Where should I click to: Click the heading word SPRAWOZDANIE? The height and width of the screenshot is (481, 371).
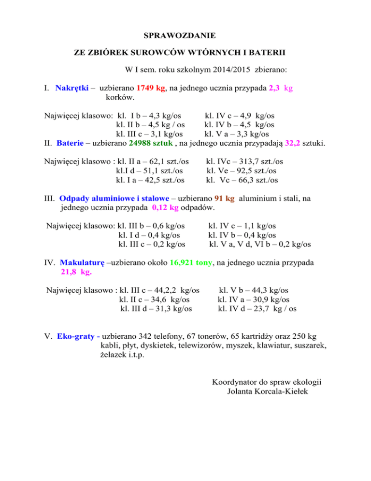(x=180, y=35)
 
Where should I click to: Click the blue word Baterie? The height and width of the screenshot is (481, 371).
(x=71, y=143)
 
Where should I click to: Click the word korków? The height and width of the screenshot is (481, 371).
(x=120, y=98)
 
